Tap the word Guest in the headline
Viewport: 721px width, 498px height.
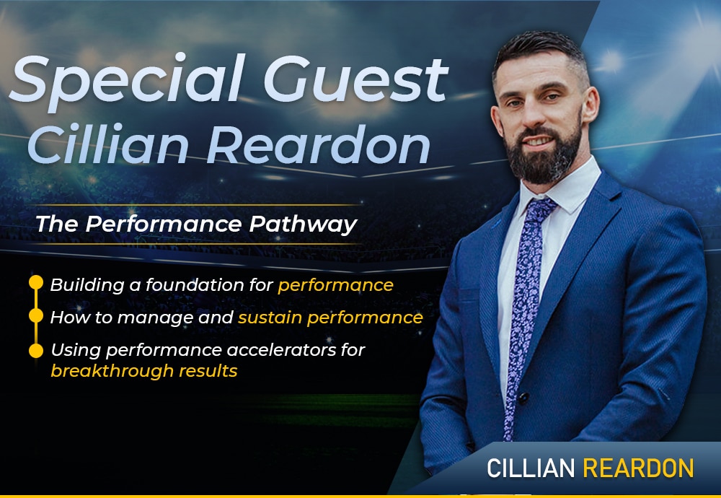[355, 79]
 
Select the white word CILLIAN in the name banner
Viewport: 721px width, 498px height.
[531, 468]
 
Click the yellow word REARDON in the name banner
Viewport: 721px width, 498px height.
[638, 468]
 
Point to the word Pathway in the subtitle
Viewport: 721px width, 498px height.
[303, 224]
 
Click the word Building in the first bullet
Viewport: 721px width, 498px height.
[87, 285]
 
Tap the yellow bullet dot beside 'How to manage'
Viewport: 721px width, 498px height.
[36, 315]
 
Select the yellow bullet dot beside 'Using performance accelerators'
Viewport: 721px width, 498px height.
[36, 350]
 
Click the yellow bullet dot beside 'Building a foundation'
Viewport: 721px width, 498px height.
[36, 283]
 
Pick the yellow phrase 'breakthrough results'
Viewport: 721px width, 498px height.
[144, 371]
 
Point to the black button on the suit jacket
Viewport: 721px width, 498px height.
[523, 397]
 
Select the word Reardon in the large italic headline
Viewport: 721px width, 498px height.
[318, 144]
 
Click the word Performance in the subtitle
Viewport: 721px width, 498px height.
[163, 224]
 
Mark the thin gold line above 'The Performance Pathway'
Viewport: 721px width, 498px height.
[193, 204]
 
